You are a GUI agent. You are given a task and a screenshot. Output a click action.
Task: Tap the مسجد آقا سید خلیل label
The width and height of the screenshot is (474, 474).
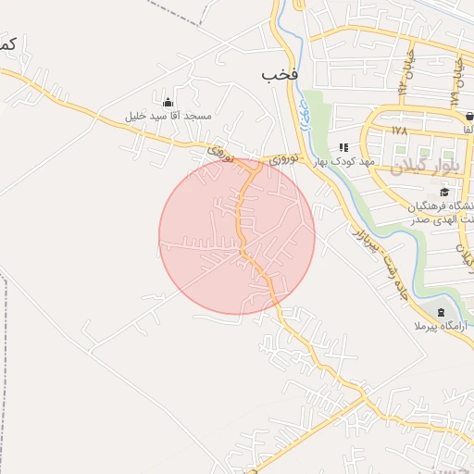[x=169, y=117]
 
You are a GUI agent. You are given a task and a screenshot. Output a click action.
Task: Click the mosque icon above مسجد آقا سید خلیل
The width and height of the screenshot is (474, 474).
[x=168, y=102]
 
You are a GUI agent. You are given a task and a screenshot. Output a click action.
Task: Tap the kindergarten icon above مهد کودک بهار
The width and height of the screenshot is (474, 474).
[x=343, y=147]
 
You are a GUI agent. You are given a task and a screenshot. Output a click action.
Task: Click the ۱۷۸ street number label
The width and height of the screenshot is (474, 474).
[x=399, y=131]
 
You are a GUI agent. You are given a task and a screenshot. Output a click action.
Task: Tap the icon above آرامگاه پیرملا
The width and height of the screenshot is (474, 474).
[x=441, y=312]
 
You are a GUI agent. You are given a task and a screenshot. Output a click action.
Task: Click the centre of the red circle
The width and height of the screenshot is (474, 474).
[x=237, y=236]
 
